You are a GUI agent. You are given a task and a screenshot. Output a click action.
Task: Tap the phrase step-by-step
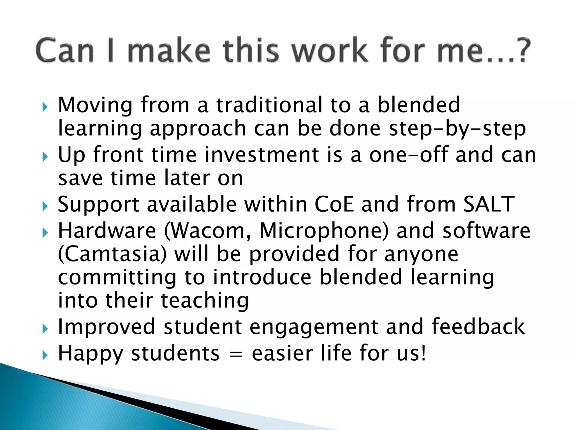(457, 129)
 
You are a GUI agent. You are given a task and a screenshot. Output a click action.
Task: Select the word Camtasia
(112, 254)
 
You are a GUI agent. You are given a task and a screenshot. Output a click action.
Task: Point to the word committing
(117, 278)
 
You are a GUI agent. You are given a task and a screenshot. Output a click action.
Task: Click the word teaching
(205, 301)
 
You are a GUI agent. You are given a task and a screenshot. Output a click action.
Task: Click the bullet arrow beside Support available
(45, 207)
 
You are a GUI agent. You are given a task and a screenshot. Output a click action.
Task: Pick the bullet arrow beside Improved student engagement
(45, 329)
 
